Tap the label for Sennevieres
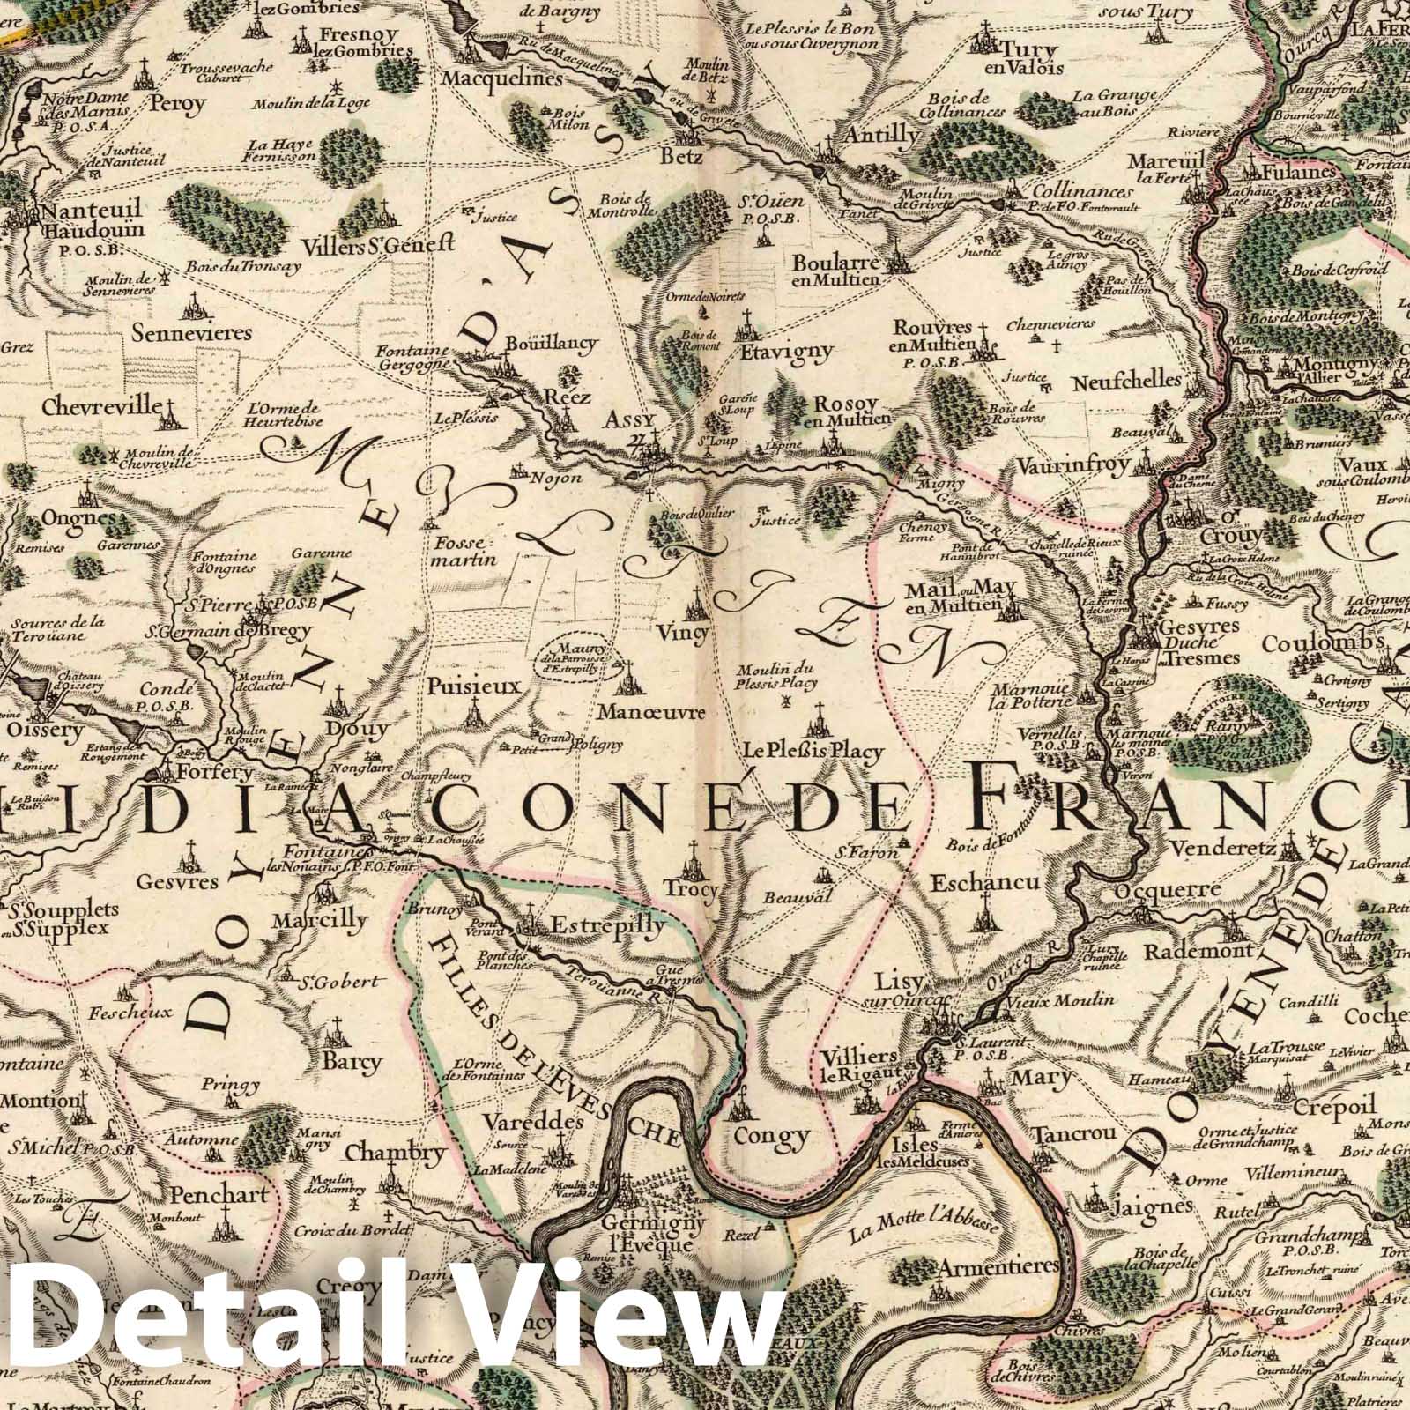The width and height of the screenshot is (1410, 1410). pos(192,334)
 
